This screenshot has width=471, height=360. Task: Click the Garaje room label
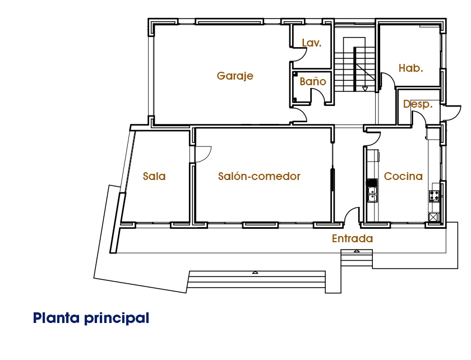(235, 76)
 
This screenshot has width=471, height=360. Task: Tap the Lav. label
(312, 43)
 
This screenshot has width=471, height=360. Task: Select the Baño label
(313, 81)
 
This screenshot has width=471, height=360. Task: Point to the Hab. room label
(410, 68)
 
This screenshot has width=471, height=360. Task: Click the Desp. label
(418, 104)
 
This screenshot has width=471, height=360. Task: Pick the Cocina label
(403, 176)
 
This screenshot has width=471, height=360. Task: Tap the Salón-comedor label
(259, 176)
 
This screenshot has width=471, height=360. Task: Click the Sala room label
(154, 176)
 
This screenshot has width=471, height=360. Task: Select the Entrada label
(352, 238)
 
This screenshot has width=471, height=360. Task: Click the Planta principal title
(91, 318)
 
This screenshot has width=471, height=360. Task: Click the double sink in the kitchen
(372, 194)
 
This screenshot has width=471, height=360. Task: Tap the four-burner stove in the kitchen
(433, 196)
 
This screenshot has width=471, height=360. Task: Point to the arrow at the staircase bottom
(365, 89)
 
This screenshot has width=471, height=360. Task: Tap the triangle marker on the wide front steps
(255, 273)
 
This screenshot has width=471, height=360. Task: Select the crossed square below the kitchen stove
(433, 217)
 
